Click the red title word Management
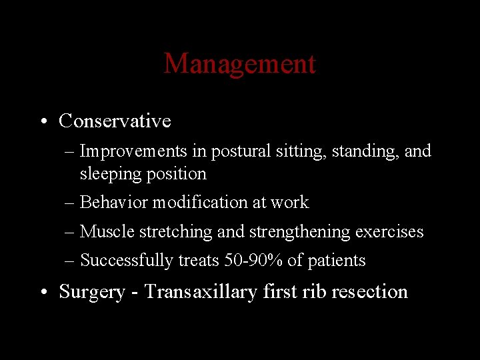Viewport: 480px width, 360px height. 239,64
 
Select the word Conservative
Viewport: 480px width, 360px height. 115,121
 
